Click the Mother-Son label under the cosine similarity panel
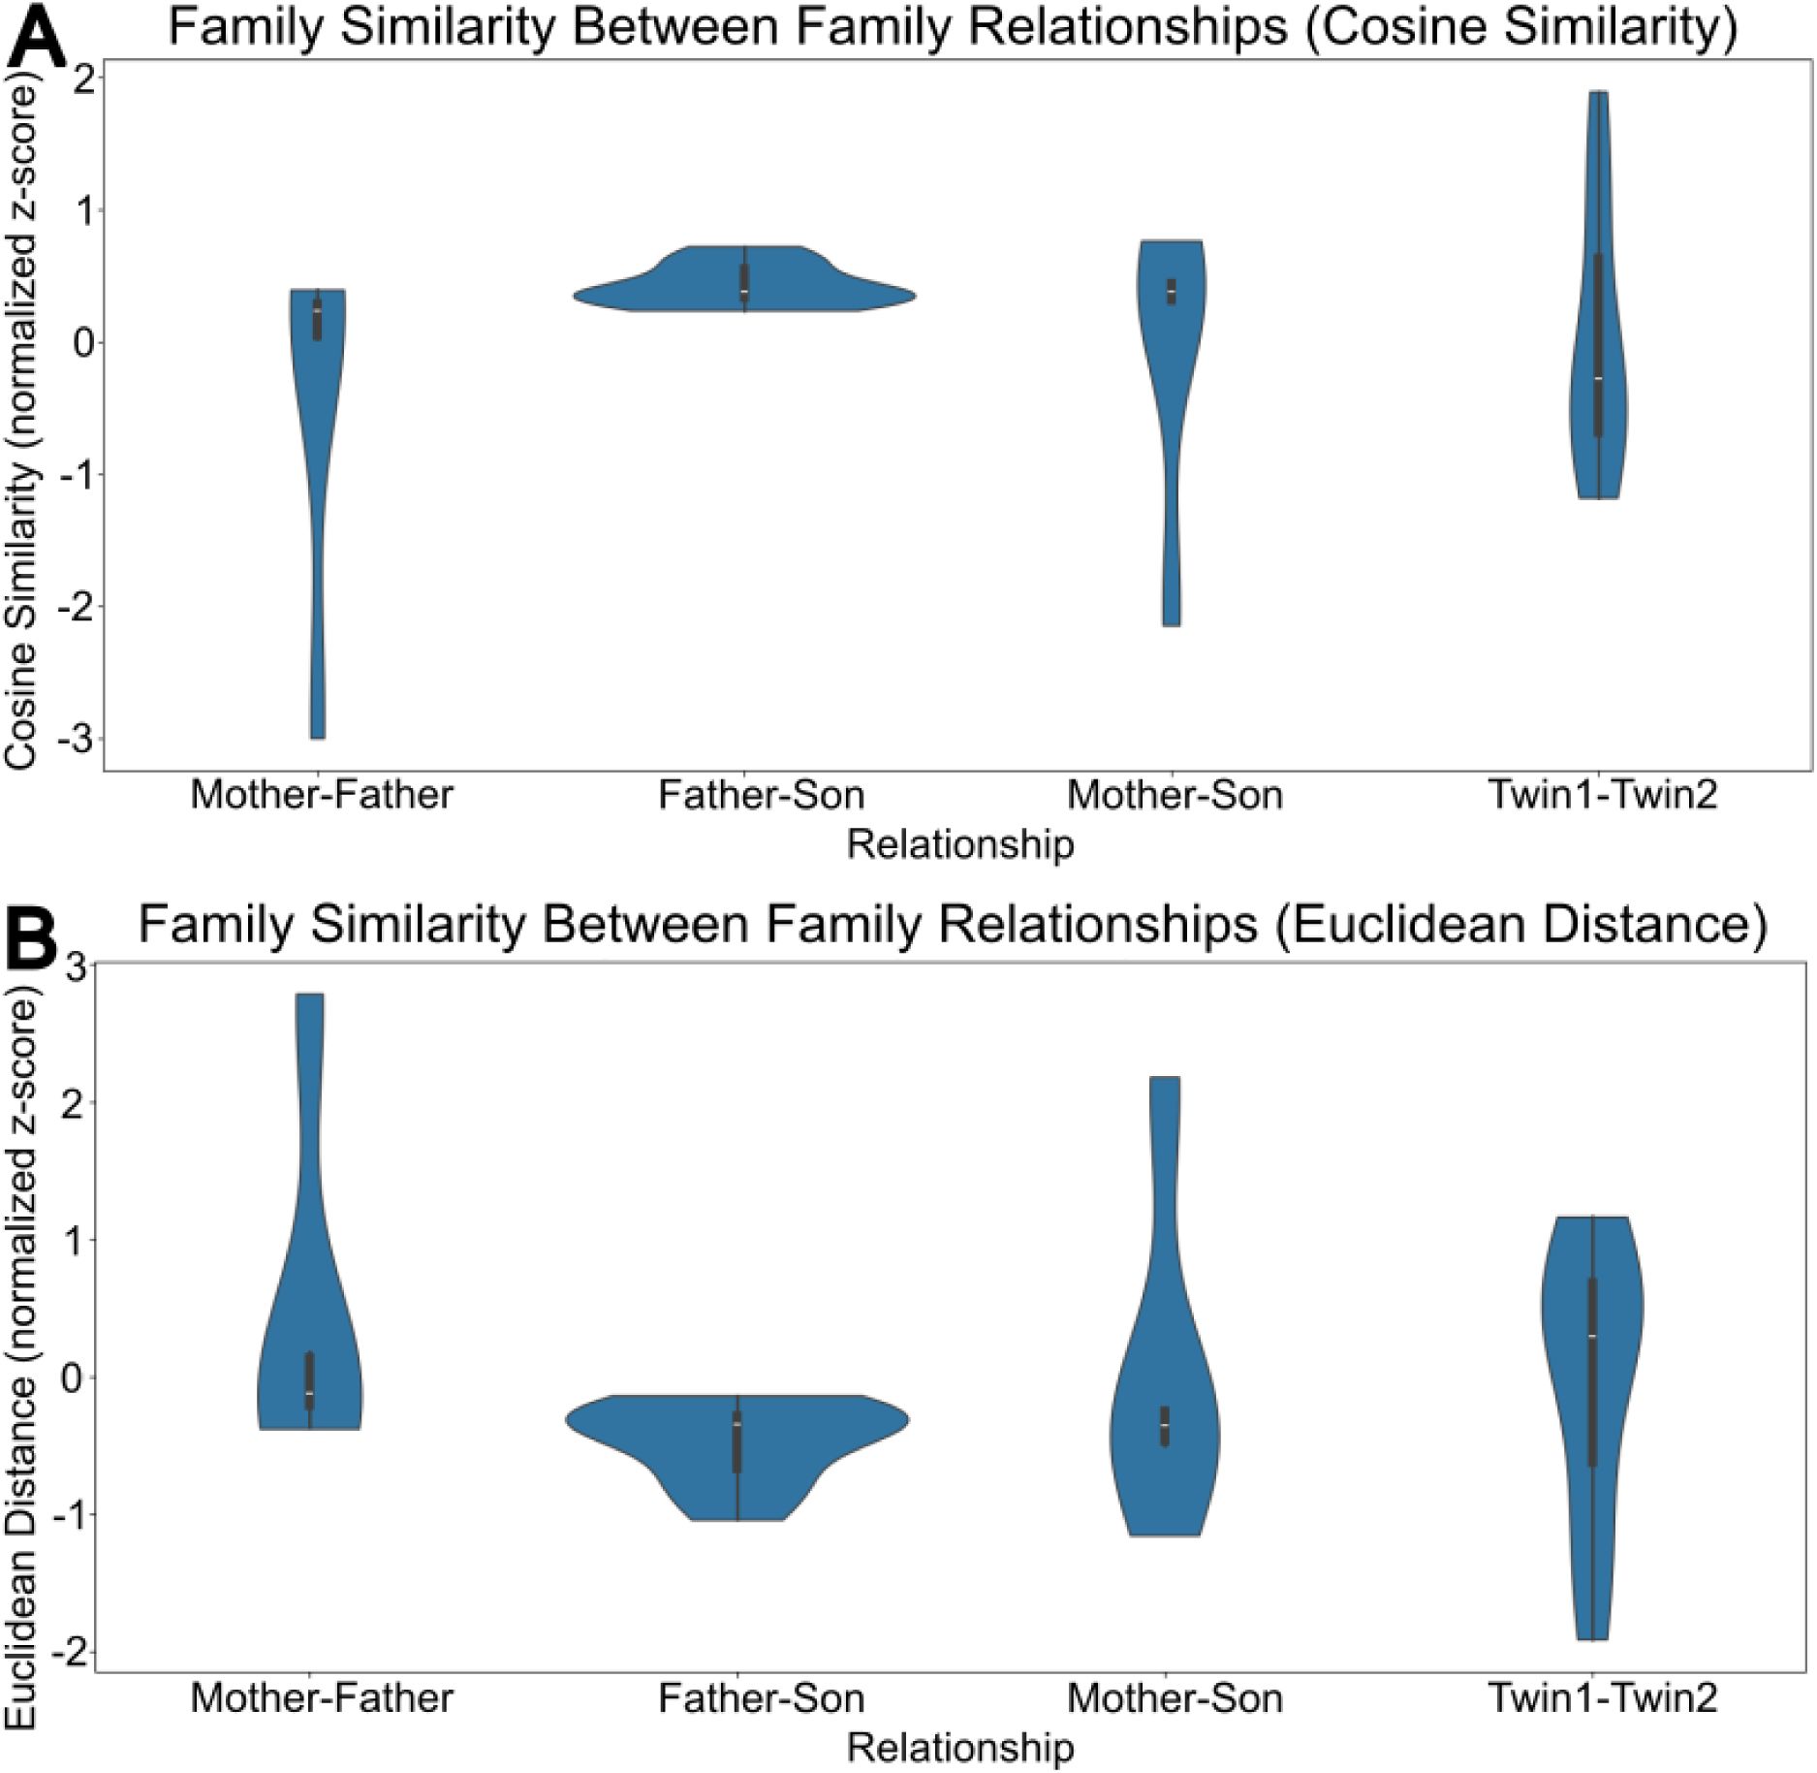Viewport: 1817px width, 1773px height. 1175,796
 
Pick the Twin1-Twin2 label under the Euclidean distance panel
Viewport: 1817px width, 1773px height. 1603,1698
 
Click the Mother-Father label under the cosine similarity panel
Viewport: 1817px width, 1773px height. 322,796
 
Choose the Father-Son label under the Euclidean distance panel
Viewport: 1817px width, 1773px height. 761,1698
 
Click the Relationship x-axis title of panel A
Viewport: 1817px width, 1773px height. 960,845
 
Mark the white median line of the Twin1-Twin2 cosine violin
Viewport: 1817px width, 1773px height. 1598,378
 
